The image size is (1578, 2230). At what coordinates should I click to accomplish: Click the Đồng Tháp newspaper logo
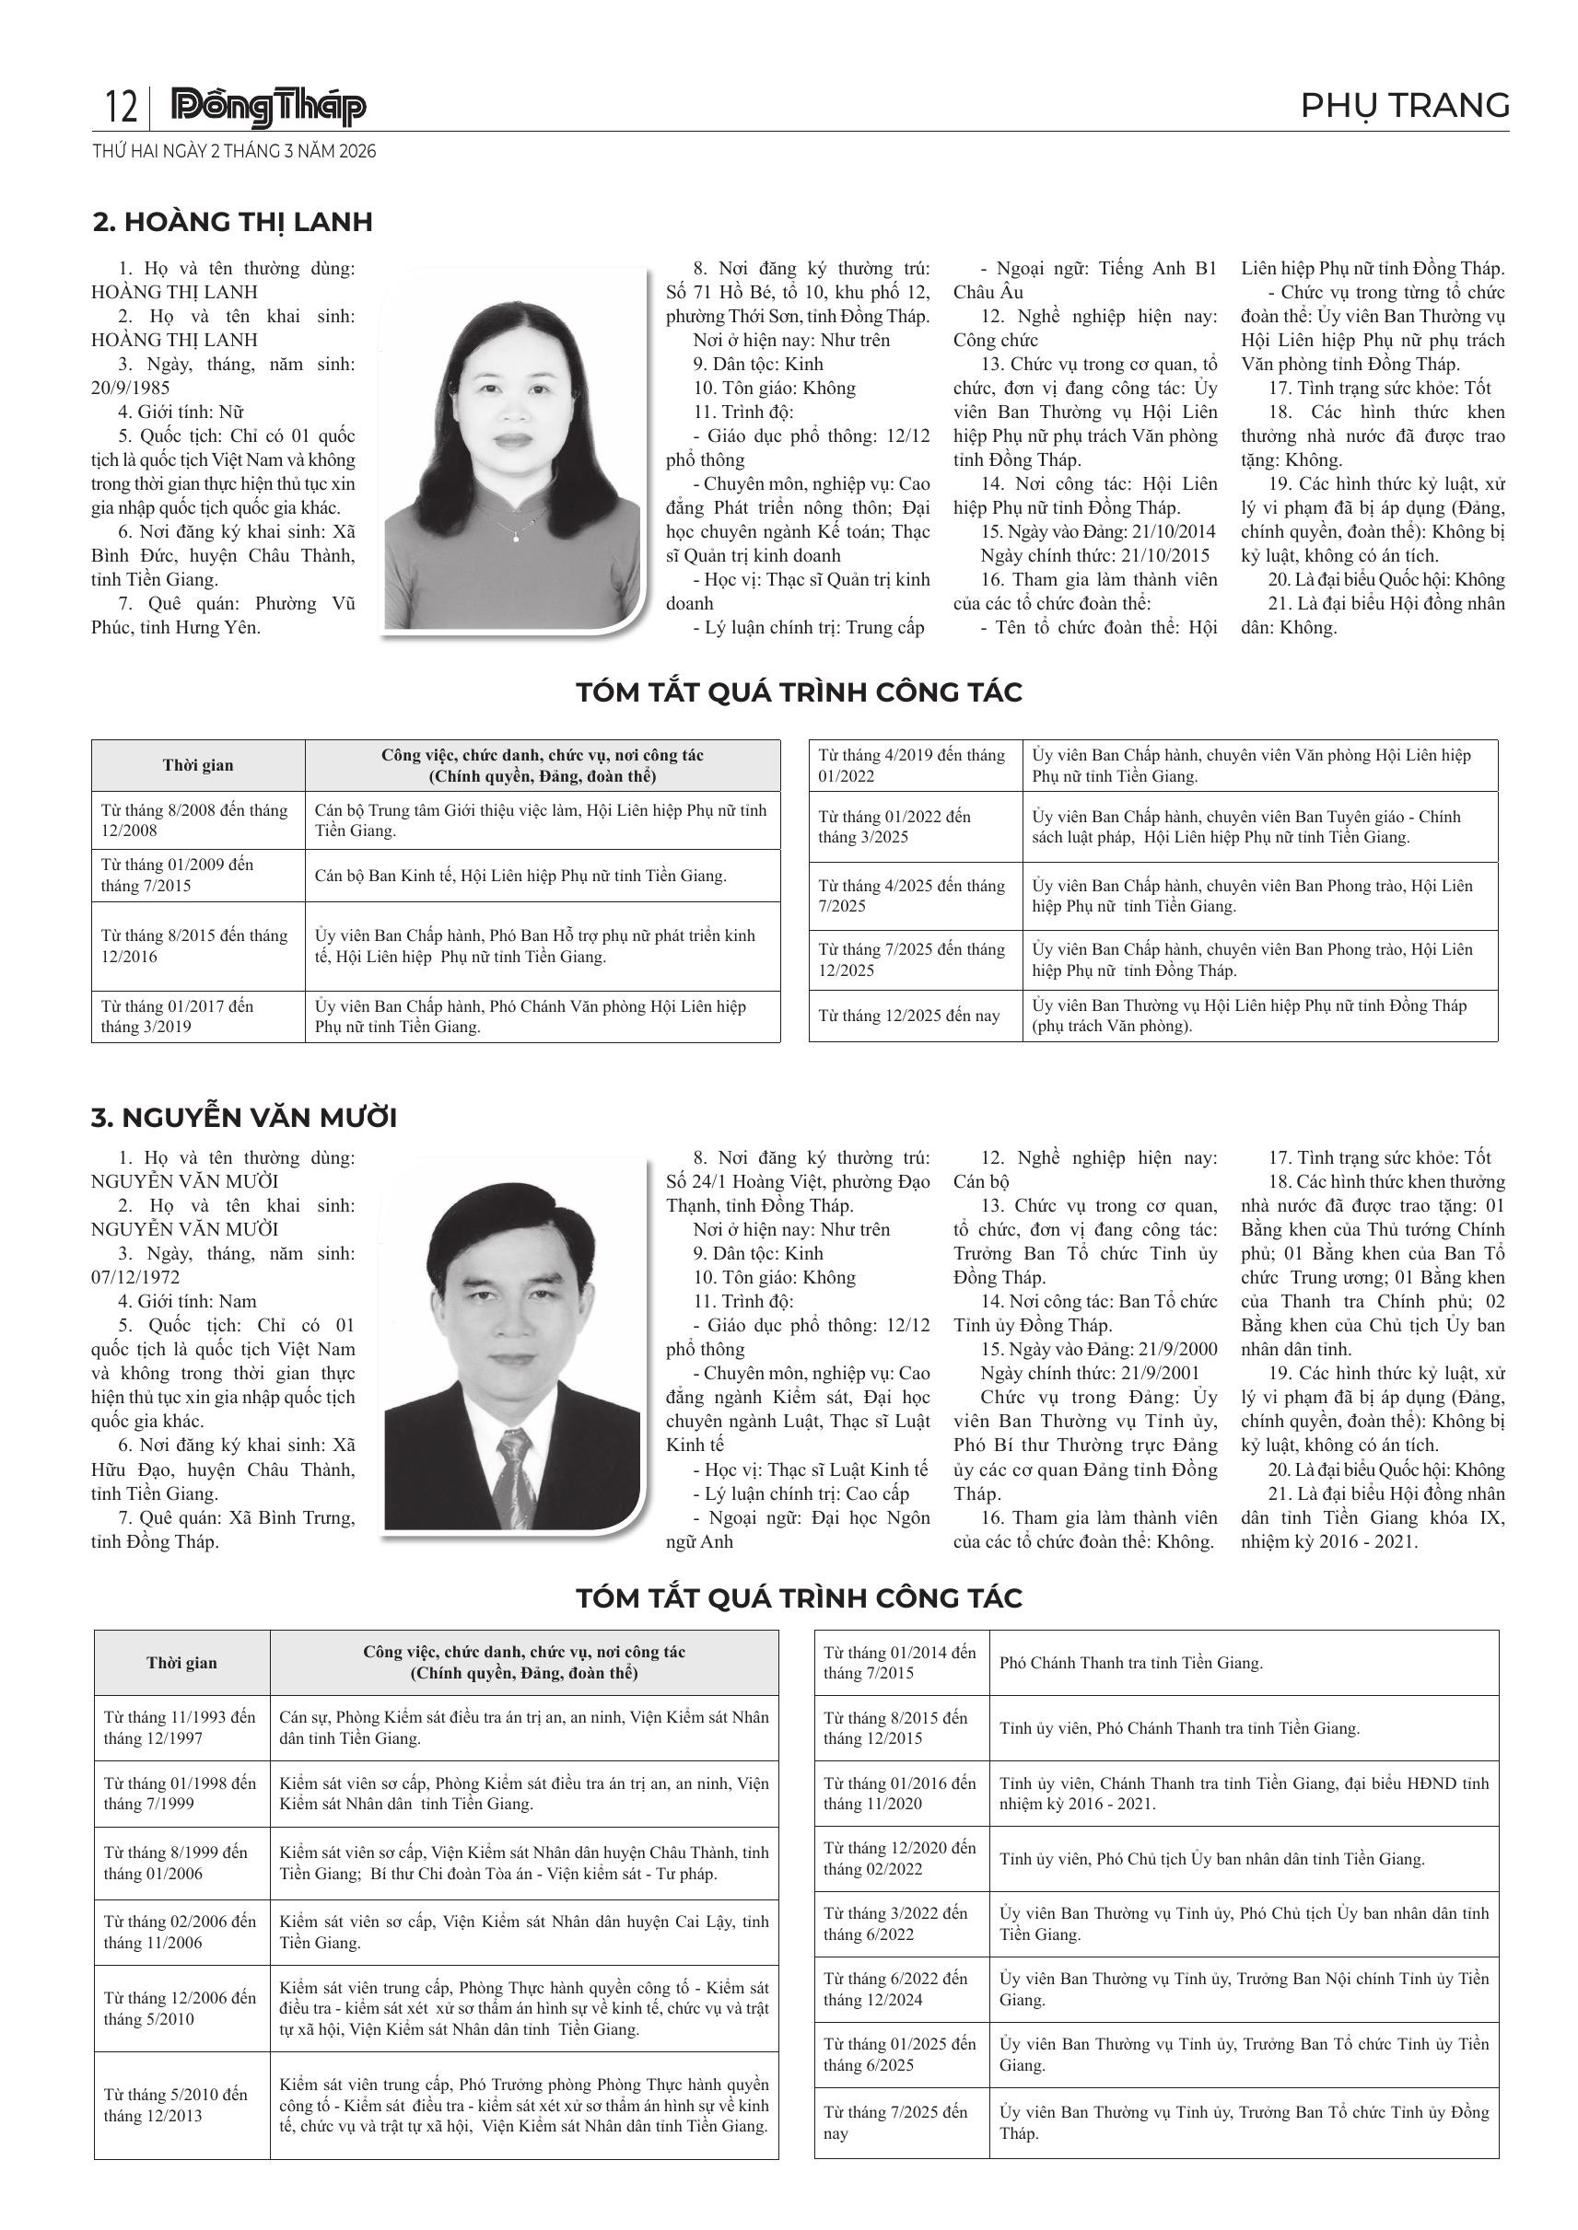click(x=268, y=107)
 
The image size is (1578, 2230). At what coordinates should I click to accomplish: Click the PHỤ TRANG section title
click(x=1404, y=105)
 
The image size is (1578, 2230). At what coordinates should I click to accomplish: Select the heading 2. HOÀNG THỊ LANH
click(x=232, y=222)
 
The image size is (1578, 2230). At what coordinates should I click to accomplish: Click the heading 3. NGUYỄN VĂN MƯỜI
click(x=244, y=1117)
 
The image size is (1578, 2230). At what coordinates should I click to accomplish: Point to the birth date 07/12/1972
click(x=136, y=1277)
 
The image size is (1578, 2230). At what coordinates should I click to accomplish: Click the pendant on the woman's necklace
click(x=516, y=537)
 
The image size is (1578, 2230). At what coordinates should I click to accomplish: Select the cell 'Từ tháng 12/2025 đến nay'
click(x=909, y=1016)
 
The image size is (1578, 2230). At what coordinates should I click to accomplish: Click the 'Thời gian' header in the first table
click(x=198, y=765)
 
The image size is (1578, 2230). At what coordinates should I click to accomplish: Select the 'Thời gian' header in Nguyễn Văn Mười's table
click(x=181, y=1662)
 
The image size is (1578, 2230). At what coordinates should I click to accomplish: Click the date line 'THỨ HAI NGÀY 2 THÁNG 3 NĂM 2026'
click(x=234, y=152)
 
